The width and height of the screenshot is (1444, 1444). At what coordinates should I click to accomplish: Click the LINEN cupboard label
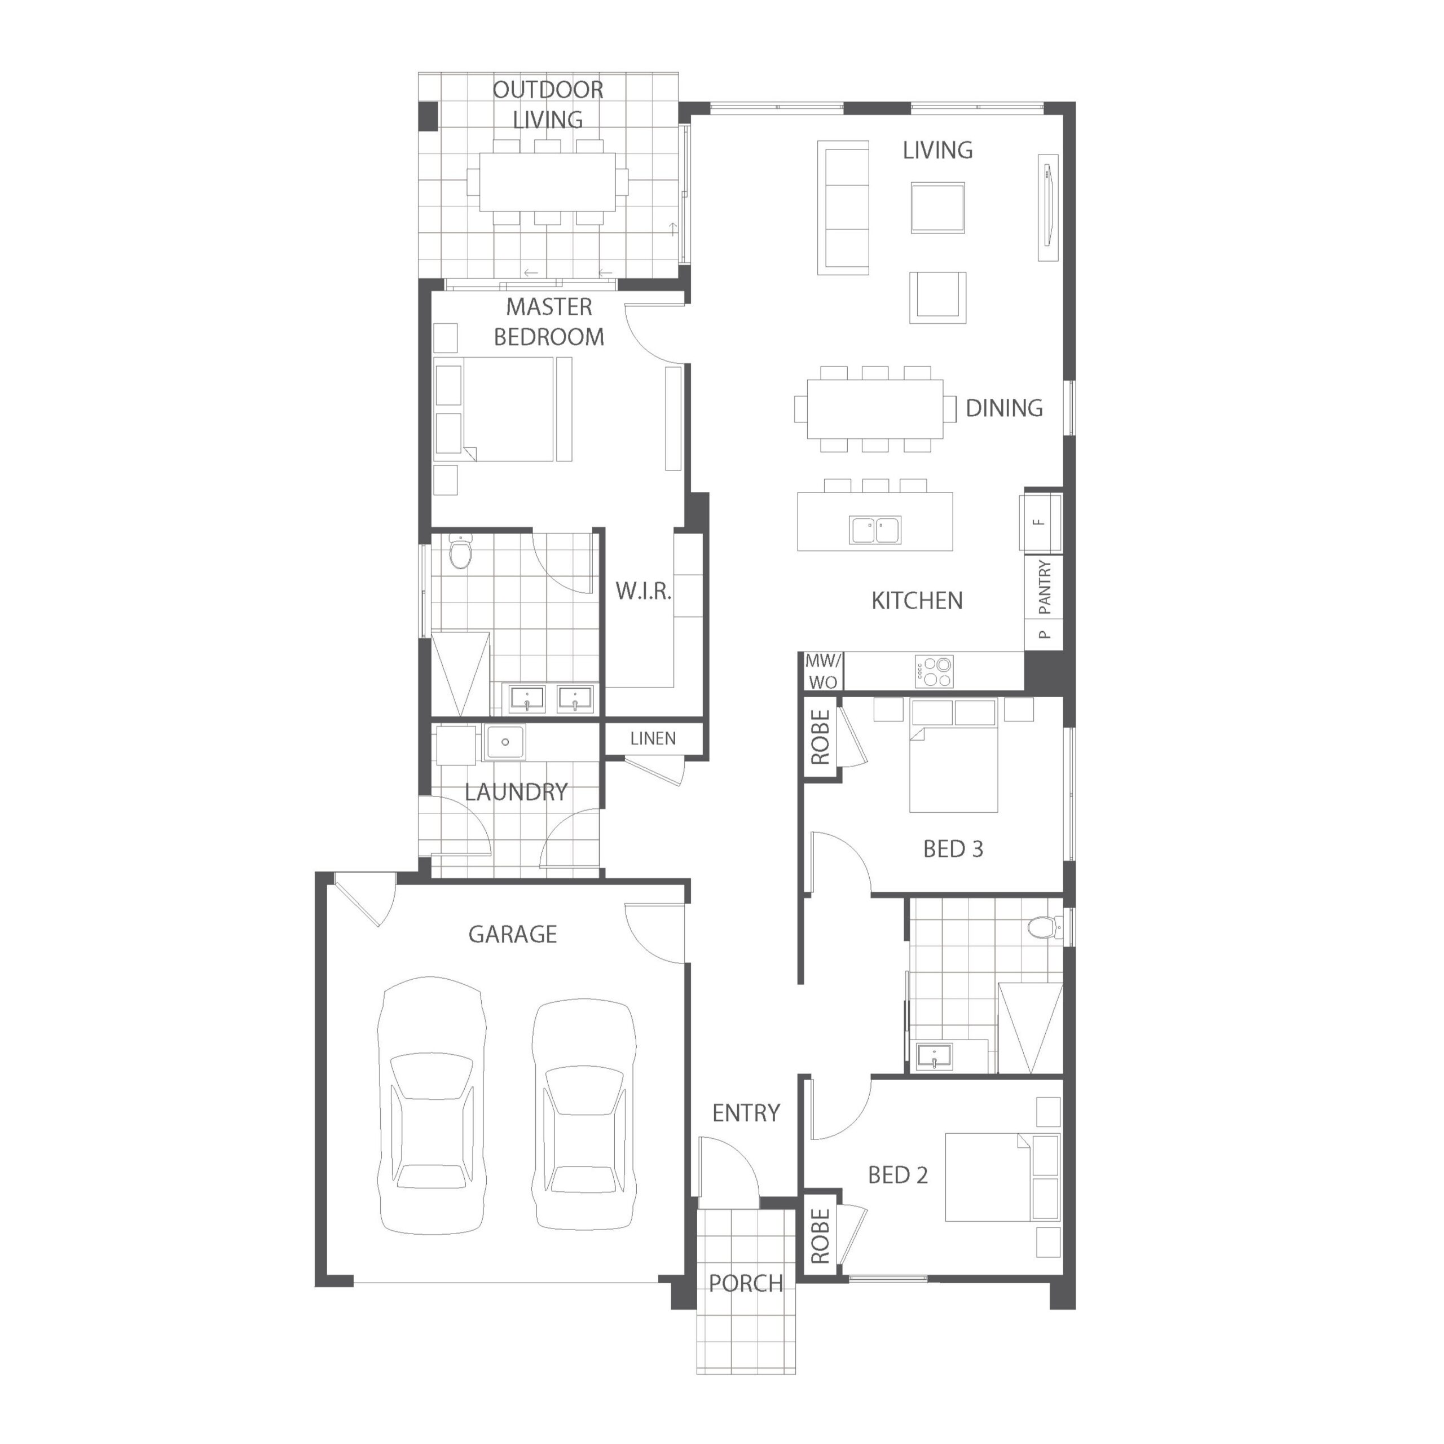pyautogui.click(x=653, y=738)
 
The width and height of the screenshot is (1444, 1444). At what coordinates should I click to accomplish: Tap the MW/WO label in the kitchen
pyautogui.click(x=823, y=671)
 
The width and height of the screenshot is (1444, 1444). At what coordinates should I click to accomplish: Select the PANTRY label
pyautogui.click(x=1045, y=587)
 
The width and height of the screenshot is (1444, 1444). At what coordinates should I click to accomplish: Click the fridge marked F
pyautogui.click(x=1040, y=522)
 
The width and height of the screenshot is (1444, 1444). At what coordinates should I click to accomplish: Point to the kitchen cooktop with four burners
pyautogui.click(x=934, y=671)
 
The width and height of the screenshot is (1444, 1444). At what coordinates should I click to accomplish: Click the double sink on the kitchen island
pyautogui.click(x=875, y=530)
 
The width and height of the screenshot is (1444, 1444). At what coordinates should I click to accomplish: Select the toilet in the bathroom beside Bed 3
pyautogui.click(x=1044, y=927)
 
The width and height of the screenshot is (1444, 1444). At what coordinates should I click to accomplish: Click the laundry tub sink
pyautogui.click(x=505, y=742)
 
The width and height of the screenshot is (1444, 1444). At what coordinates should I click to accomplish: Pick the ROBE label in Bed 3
pyautogui.click(x=820, y=738)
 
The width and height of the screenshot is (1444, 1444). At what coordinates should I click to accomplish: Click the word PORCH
pyautogui.click(x=745, y=1283)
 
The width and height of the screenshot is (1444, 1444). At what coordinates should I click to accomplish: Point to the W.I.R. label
pyautogui.click(x=644, y=591)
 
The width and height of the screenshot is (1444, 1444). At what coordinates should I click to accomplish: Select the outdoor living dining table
pyautogui.click(x=547, y=182)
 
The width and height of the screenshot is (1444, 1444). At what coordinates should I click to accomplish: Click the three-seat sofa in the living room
pyautogui.click(x=843, y=208)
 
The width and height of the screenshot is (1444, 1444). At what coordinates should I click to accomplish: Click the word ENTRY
pyautogui.click(x=745, y=1113)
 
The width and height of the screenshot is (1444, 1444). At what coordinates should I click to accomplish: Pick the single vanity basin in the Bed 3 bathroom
pyautogui.click(x=933, y=1057)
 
